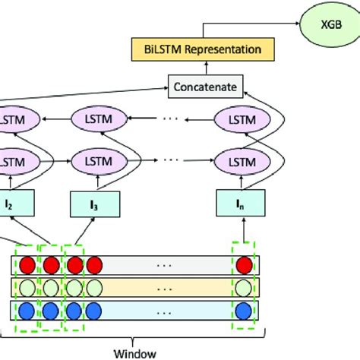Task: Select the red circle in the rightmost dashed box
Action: (244, 265)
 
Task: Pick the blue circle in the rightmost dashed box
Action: (244, 311)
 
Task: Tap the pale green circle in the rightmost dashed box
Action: (244, 289)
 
